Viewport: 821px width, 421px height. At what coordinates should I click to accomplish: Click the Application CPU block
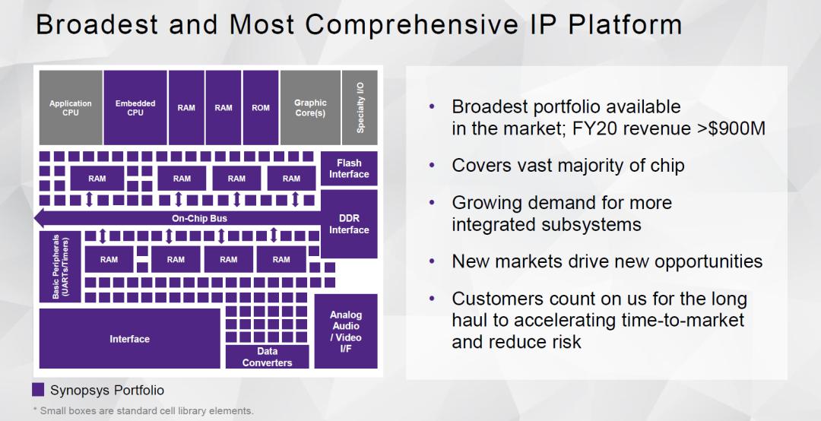click(70, 108)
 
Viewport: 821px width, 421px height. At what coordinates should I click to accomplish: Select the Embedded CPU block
click(135, 108)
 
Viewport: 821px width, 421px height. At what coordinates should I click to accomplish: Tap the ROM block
click(260, 108)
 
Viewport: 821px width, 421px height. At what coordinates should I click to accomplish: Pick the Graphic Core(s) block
click(309, 108)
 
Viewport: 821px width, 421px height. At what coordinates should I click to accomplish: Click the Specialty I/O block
click(360, 108)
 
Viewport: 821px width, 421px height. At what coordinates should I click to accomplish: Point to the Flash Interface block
click(349, 169)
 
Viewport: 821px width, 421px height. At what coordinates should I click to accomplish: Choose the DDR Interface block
click(349, 223)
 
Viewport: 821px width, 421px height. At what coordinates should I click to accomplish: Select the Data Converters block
click(267, 357)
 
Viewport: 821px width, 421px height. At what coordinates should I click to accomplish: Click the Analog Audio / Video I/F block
click(346, 331)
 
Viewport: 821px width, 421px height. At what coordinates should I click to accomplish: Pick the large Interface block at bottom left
click(129, 339)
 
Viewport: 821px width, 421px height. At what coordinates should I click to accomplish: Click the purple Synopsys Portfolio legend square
click(38, 391)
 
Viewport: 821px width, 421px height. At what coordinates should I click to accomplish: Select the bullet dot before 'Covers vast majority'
click(433, 166)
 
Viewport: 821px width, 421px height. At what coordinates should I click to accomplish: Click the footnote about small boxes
click(143, 411)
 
